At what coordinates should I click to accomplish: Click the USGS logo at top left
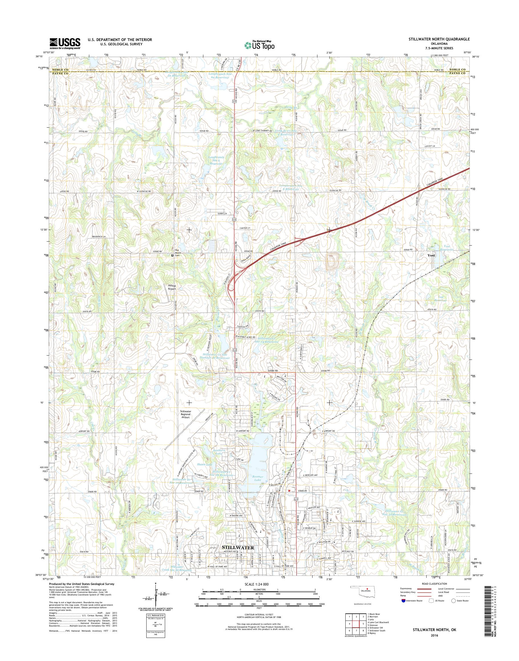point(65,43)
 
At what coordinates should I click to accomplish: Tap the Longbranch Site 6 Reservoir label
point(216,160)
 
